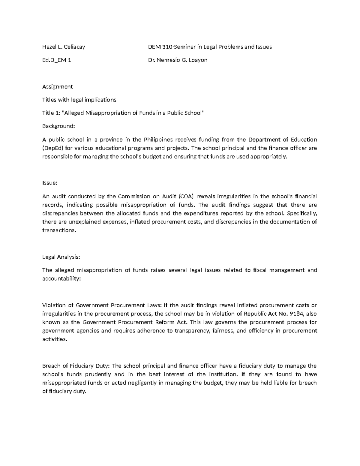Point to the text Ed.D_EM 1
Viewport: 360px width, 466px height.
point(57,60)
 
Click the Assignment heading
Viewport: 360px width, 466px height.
point(57,87)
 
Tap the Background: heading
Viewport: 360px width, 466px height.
point(58,126)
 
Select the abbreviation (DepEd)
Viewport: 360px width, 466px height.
point(53,148)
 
